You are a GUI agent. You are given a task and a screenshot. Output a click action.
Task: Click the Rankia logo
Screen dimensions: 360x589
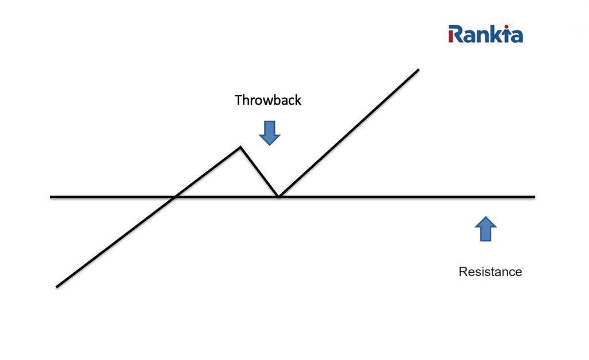pos(485,34)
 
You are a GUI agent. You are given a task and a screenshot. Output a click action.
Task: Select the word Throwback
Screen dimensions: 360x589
pos(267,100)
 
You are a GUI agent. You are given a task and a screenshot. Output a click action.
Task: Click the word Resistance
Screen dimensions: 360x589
pos(490,271)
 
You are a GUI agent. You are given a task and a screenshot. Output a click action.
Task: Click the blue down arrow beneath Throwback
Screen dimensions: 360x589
pos(269,132)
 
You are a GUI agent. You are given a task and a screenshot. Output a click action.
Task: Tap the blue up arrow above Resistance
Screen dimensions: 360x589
pos(485,229)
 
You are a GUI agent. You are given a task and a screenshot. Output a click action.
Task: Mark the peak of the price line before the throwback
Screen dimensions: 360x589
pos(240,148)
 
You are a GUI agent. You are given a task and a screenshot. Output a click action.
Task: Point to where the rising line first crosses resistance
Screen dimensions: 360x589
pos(174,197)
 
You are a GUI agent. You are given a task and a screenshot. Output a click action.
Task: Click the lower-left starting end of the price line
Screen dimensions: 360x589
pos(57,286)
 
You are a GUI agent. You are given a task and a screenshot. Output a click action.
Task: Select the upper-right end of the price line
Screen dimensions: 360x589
pos(418,70)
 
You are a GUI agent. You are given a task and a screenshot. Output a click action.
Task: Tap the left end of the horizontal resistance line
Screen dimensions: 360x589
pos(51,197)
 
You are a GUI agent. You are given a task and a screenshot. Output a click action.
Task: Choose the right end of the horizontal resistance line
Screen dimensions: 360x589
pos(534,197)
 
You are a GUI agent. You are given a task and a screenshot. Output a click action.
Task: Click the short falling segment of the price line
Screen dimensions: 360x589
pos(259,171)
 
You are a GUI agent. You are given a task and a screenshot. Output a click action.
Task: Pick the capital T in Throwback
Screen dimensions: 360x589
pos(238,100)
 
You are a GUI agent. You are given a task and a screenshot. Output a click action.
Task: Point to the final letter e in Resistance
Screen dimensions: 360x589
pos(518,273)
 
